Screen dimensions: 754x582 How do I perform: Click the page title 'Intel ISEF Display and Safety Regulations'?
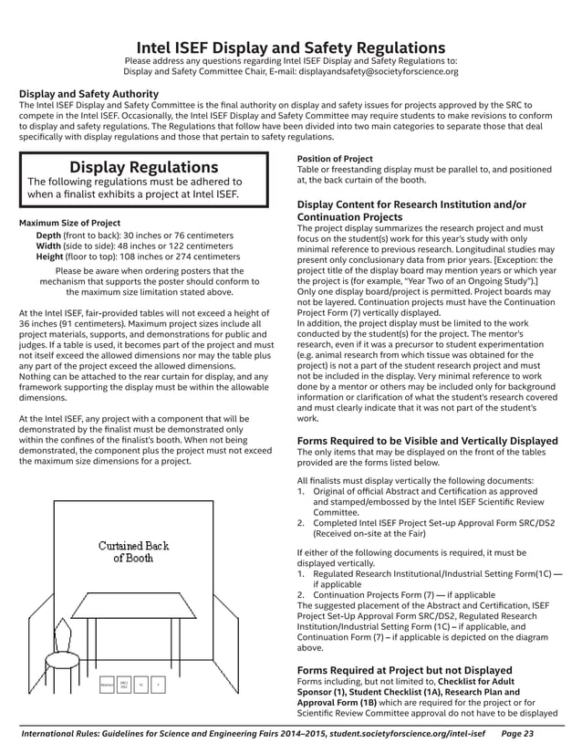coord(290,47)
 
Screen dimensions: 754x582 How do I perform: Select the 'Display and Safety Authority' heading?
coord(89,94)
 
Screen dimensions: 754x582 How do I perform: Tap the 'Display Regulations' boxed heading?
coord(144,167)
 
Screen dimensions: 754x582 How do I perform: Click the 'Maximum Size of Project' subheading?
coord(70,223)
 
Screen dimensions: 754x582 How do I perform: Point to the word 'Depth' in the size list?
coord(50,236)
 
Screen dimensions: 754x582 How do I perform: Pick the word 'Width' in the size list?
coord(50,246)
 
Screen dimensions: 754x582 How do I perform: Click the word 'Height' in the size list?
coord(52,257)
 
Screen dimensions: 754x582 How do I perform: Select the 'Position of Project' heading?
coord(335,159)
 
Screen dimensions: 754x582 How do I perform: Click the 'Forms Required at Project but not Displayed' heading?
coord(405,670)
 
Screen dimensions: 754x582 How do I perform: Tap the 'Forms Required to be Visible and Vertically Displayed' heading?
coord(428,441)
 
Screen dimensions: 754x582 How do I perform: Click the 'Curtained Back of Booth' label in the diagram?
coord(133,551)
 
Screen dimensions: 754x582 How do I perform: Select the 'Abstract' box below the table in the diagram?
coord(107,683)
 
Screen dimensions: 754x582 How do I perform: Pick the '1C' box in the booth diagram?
coord(141,683)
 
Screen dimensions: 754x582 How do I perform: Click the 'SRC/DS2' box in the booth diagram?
coord(124,683)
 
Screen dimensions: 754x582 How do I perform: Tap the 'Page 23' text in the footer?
coord(518,733)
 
